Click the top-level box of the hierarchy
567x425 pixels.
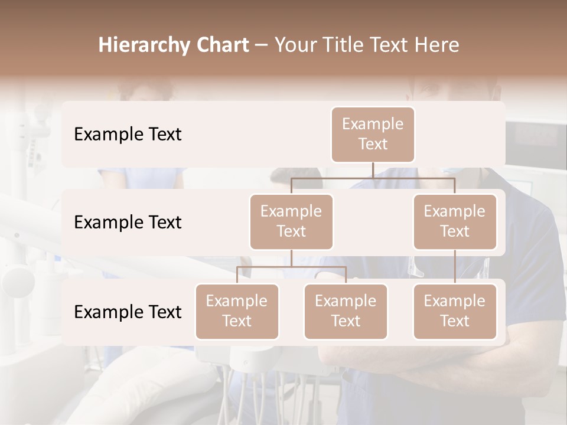(373, 135)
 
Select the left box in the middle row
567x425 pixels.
(291, 222)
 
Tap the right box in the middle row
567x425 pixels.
(455, 222)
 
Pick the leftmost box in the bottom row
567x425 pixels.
(237, 312)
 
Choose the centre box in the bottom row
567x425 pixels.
(346, 312)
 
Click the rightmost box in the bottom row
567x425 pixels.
(455, 312)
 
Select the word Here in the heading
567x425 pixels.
(437, 45)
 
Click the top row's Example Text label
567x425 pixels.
(128, 135)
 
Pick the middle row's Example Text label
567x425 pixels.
(128, 223)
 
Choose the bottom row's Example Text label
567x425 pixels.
(128, 312)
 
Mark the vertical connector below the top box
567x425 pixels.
(373, 170)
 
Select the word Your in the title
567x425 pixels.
(296, 45)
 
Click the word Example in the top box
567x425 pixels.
(373, 125)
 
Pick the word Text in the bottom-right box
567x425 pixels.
(455, 322)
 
